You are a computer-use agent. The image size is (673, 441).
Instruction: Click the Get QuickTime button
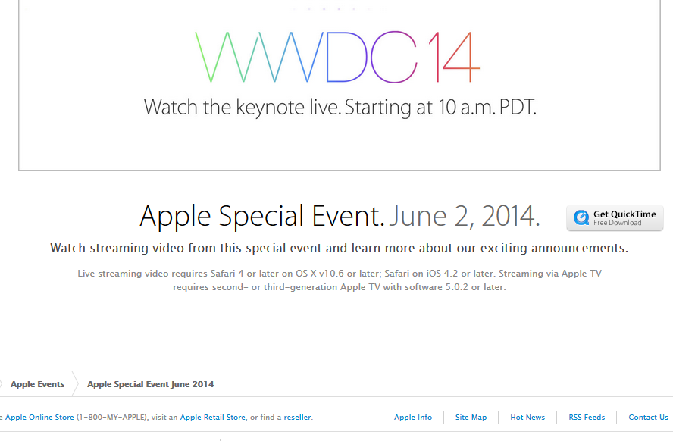point(615,218)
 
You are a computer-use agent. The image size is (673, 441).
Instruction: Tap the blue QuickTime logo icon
point(581,217)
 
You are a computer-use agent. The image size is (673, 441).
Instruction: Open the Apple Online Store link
point(39,417)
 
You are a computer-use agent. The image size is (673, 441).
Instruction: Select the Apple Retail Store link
point(213,417)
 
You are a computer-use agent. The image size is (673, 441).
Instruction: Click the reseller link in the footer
point(297,417)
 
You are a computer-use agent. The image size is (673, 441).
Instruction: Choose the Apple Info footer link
point(413,417)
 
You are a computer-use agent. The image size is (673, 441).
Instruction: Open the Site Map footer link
point(471,417)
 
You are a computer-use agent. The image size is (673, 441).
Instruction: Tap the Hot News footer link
point(527,417)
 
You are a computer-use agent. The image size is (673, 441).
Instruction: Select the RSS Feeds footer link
point(587,417)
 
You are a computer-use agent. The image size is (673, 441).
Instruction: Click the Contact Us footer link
point(648,417)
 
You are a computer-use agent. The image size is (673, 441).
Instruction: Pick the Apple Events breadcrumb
point(37,384)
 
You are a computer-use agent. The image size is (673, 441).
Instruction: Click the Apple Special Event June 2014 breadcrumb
point(150,384)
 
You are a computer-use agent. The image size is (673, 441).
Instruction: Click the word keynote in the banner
point(270,108)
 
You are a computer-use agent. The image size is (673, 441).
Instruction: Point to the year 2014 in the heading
point(510,216)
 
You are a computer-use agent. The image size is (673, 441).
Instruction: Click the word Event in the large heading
point(348,216)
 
